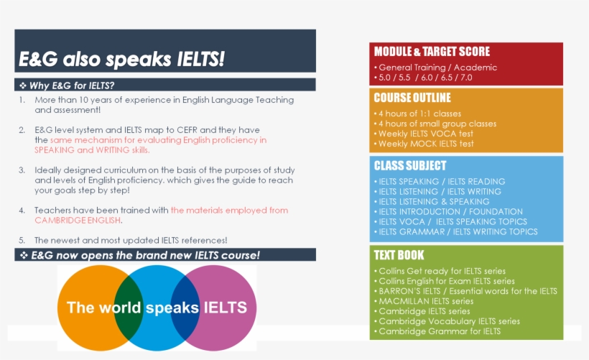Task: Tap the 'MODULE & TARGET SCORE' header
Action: pyautogui.click(x=432, y=52)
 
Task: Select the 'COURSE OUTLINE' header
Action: pyautogui.click(x=412, y=98)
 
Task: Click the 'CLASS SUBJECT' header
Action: pyautogui.click(x=410, y=165)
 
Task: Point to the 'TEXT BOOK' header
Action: pyautogui.click(x=399, y=255)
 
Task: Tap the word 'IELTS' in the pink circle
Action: pyautogui.click(x=226, y=308)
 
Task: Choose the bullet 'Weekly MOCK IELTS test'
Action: pyautogui.click(x=426, y=144)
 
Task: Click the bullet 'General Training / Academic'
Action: pyautogui.click(x=437, y=68)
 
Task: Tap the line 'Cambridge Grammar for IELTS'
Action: pyautogui.click(x=440, y=331)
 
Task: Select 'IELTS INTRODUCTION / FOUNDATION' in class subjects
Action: pyautogui.click(x=450, y=212)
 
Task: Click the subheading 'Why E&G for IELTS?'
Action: pyautogui.click(x=72, y=86)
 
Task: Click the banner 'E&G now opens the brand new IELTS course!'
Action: pyautogui.click(x=144, y=256)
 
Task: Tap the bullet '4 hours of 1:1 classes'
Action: pyautogui.click(x=420, y=114)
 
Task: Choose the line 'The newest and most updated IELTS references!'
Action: pyautogui.click(x=131, y=240)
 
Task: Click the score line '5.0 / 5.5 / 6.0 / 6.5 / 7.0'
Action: pyautogui.click(x=425, y=78)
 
